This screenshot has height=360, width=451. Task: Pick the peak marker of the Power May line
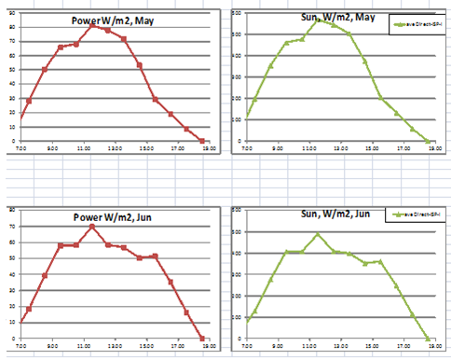pyautogui.click(x=91, y=25)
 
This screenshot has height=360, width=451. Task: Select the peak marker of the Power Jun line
pyautogui.click(x=91, y=227)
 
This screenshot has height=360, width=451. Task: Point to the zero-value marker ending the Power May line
pyautogui.click(x=202, y=141)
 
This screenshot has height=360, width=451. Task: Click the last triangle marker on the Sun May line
pyautogui.click(x=429, y=142)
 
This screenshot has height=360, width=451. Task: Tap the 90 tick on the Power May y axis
pyautogui.click(x=11, y=13)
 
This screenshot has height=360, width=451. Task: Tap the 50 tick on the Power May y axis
pyautogui.click(x=11, y=70)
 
